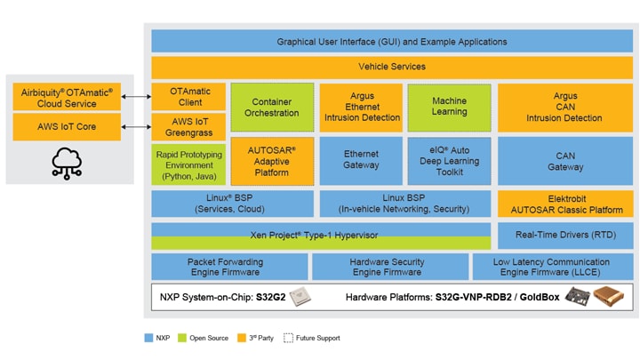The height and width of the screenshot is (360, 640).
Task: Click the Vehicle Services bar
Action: tap(391, 67)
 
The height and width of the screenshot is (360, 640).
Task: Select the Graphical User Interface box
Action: tap(391, 41)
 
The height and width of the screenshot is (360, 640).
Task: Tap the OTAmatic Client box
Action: tap(188, 96)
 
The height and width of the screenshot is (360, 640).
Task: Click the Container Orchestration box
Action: tap(271, 108)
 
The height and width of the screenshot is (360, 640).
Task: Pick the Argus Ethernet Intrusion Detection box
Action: tap(360, 108)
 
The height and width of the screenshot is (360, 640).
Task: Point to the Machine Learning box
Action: tap(449, 107)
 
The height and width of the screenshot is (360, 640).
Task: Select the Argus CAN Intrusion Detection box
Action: tap(564, 108)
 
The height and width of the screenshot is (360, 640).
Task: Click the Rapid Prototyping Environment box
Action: tap(188, 164)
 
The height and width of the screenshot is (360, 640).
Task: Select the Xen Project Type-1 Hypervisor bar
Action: tap(321, 236)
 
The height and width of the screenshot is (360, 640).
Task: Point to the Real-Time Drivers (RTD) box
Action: tap(564, 236)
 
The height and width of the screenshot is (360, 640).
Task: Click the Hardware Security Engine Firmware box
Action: tap(389, 267)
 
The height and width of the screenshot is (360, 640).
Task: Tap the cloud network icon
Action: tap(68, 163)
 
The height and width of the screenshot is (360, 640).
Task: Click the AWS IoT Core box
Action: tap(68, 127)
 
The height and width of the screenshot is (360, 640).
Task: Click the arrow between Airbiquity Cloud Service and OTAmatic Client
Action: tap(136, 97)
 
